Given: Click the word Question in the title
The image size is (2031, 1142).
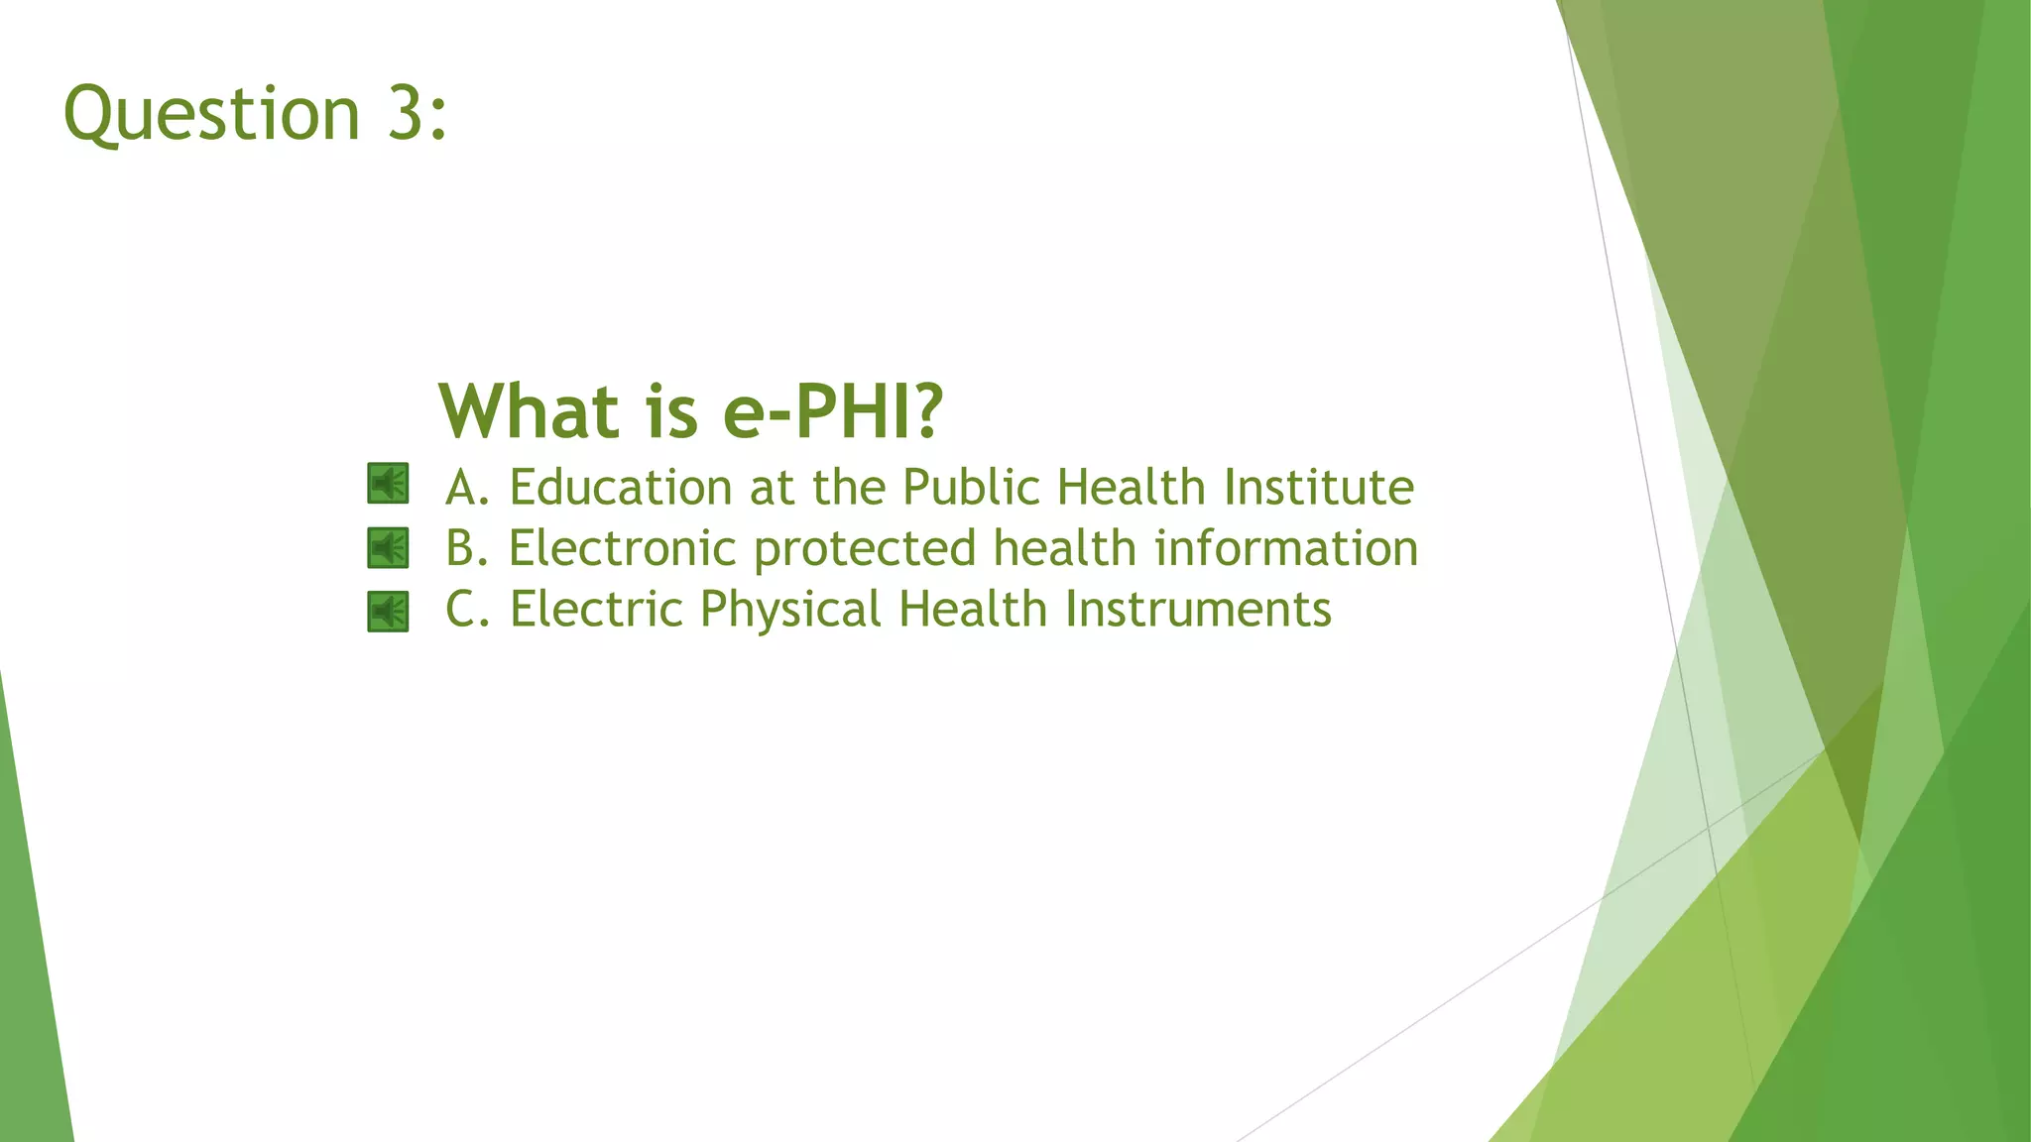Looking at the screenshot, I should click(x=211, y=114).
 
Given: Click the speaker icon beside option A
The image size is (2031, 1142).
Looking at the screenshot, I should click(x=388, y=484).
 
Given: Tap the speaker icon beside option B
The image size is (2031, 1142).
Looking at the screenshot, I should click(x=388, y=547).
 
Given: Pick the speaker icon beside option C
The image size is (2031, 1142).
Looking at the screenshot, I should click(x=388, y=612).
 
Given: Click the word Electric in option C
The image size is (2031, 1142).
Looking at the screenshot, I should click(x=596, y=609).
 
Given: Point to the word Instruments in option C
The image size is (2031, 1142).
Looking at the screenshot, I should click(x=1198, y=609).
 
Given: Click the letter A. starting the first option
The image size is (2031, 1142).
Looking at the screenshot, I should click(x=467, y=488).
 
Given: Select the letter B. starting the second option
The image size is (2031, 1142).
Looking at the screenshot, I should click(x=467, y=548).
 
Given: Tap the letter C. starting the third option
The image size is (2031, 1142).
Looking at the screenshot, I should click(x=467, y=609).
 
